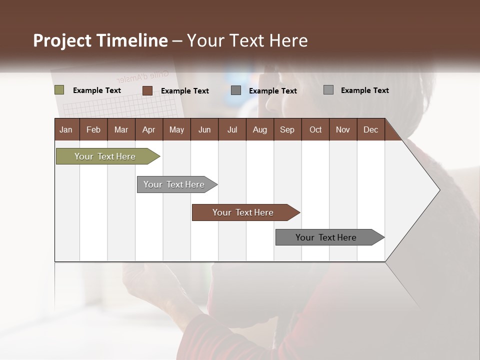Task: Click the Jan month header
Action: [66, 129]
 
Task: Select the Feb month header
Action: [93, 129]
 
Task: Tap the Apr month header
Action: [148, 129]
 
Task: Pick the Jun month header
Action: [204, 129]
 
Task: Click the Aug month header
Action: [259, 129]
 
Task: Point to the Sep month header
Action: [287, 129]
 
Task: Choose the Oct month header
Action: [315, 129]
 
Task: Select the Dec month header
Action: [370, 129]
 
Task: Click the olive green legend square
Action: [59, 90]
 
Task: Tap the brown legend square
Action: [147, 90]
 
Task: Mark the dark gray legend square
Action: [236, 90]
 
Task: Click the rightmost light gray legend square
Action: [328, 90]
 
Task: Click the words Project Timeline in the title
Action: [100, 40]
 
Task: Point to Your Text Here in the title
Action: [247, 40]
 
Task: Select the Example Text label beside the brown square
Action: [185, 91]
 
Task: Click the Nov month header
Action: [343, 129]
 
